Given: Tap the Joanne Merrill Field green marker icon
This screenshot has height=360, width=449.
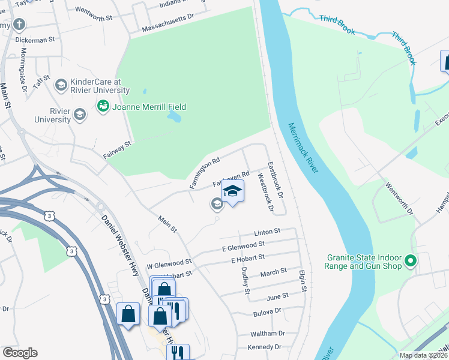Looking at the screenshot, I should tap(102, 107).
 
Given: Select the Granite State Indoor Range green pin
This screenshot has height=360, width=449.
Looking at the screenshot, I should tap(411, 261).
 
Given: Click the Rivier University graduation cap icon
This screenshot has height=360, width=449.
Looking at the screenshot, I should tap(79, 115).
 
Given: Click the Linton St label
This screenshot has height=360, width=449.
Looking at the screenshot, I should tap(267, 231).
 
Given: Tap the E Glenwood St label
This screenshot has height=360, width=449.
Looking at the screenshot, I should tap(243, 245).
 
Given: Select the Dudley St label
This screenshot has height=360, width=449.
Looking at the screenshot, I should tap(245, 281).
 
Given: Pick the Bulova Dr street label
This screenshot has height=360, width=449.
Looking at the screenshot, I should tap(268, 312).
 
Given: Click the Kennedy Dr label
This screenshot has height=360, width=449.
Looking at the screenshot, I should tap(264, 347).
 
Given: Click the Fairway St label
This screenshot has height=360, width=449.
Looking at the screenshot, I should tap(118, 146).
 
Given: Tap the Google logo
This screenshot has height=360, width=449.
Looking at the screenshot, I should tap(19, 353).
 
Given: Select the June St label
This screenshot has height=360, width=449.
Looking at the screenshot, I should tap(277, 297).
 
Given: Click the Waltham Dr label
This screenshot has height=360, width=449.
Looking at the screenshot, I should tap(268, 334).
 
